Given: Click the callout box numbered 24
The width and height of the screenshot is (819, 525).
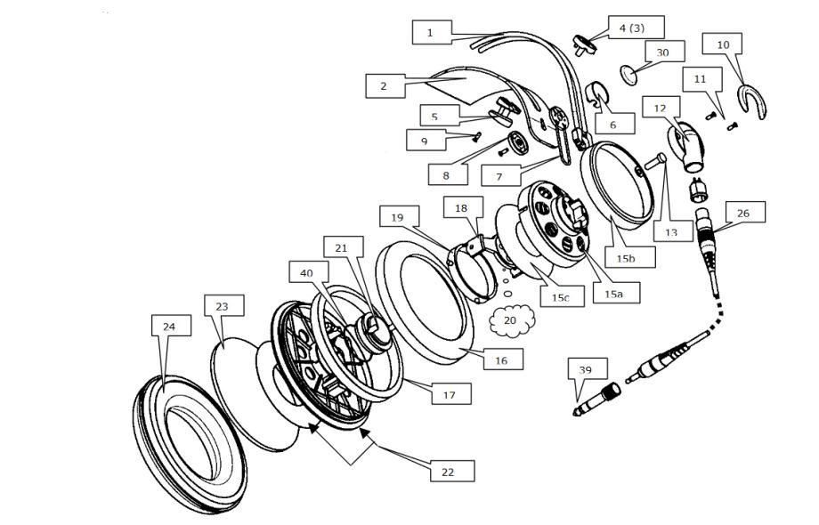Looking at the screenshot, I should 169,327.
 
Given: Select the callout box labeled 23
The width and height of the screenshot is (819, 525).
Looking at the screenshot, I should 222,306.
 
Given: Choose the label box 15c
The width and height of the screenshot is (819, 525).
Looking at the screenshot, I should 560,296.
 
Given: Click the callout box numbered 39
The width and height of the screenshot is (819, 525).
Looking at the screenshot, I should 585,368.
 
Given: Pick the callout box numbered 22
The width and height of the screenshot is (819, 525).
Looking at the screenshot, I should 448,472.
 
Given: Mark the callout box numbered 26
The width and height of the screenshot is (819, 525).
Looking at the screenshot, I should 744,213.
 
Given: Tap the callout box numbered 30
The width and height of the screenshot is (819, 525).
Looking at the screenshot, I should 661,52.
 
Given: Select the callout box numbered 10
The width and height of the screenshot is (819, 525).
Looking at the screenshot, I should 722,44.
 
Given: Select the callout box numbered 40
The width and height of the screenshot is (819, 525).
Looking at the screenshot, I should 307,274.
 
